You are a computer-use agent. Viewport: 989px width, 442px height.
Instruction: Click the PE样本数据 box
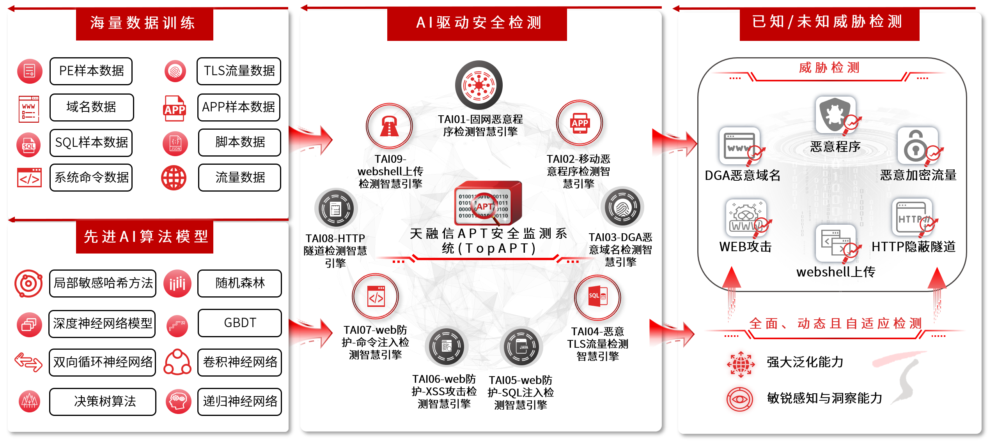click(91, 71)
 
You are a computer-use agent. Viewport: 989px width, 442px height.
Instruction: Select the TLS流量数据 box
click(239, 71)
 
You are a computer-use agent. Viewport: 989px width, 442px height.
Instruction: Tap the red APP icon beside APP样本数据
click(174, 108)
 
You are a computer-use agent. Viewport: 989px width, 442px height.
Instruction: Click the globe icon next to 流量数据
click(174, 178)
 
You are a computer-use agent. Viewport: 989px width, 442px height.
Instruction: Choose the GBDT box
click(239, 323)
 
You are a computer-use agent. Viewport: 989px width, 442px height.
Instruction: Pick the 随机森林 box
click(239, 283)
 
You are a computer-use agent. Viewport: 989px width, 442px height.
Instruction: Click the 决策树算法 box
click(103, 401)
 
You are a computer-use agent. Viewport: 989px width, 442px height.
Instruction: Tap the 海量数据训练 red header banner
click(144, 23)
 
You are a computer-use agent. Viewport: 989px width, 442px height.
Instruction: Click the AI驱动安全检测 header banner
click(477, 23)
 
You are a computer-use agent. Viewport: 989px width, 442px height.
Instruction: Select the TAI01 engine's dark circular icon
click(479, 85)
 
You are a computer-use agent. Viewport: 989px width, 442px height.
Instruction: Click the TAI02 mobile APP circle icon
click(580, 123)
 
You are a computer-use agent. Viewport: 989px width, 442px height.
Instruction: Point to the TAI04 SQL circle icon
click(597, 298)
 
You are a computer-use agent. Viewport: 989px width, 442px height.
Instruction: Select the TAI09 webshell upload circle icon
click(389, 126)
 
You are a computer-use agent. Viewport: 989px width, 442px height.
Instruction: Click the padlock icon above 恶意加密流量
click(917, 146)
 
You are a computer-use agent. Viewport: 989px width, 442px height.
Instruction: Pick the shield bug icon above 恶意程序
click(835, 115)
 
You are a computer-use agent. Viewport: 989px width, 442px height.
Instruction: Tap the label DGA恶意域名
click(743, 176)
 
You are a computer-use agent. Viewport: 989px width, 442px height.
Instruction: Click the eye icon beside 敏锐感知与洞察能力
click(739, 399)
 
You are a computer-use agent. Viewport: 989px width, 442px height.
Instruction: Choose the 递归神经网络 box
click(239, 401)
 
